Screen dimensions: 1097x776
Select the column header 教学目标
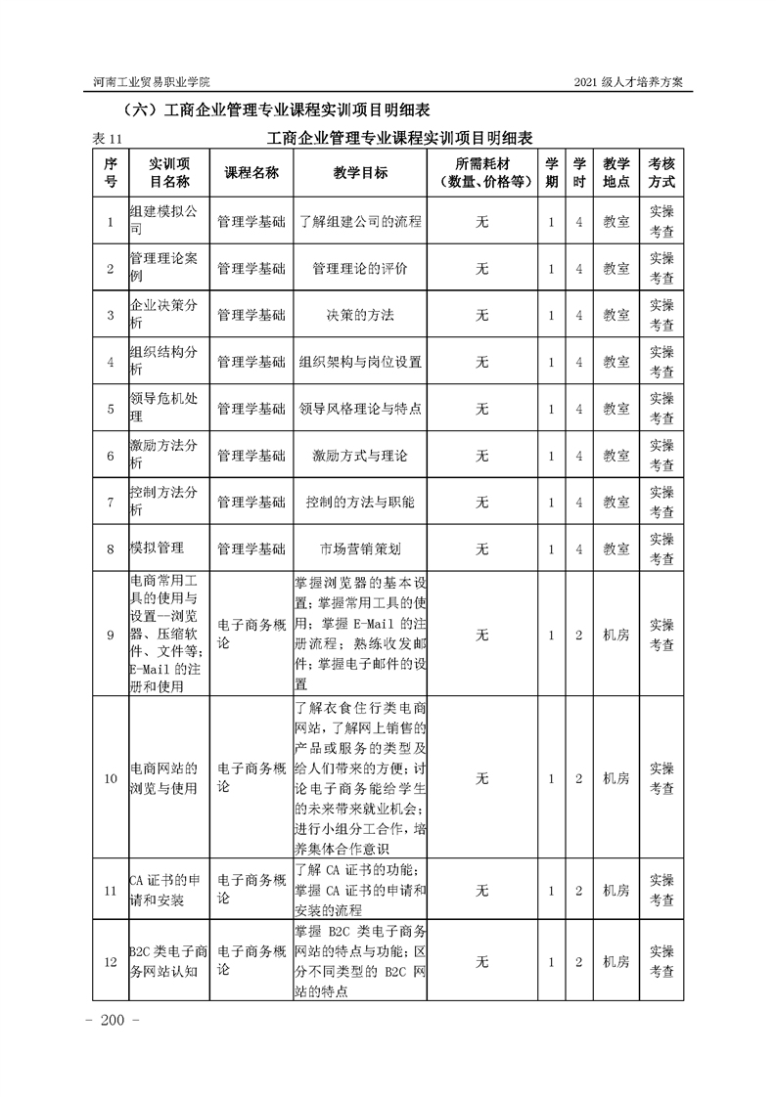click(x=360, y=172)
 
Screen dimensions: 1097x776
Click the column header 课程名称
click(x=251, y=172)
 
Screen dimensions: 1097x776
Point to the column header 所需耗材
click(x=481, y=162)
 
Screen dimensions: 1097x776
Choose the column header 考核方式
click(x=661, y=172)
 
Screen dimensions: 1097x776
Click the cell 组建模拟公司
click(x=163, y=222)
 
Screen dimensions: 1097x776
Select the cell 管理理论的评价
click(x=360, y=269)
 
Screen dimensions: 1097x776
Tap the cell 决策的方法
click(x=360, y=315)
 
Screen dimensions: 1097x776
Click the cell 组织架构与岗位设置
click(x=360, y=362)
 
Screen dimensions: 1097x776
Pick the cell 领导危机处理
click(x=163, y=409)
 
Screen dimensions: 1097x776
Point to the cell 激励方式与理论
click(x=360, y=456)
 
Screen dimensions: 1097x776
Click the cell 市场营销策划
click(x=360, y=549)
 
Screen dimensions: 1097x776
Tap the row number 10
click(x=111, y=778)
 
